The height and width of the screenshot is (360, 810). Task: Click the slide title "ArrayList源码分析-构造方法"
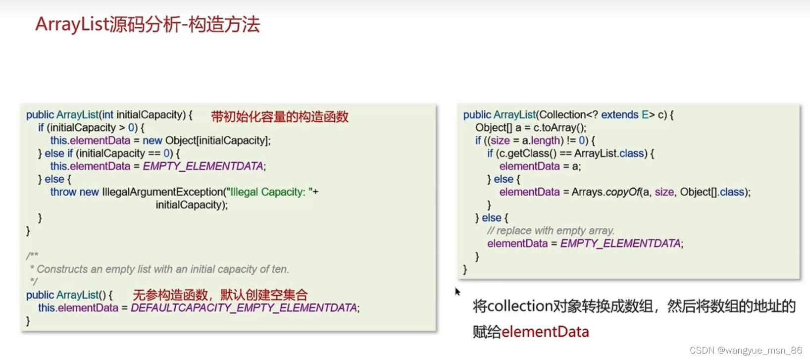click(148, 24)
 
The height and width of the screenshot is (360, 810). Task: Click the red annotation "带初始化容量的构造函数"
click(280, 117)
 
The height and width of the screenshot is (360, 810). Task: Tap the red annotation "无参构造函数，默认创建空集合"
click(220, 295)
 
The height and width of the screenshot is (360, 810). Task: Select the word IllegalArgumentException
click(162, 192)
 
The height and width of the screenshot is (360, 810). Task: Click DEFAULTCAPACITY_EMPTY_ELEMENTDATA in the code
click(244, 308)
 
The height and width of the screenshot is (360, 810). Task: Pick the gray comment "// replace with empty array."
click(551, 231)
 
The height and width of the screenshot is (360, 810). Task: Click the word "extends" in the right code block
click(619, 115)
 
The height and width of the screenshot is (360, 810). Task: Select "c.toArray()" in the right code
click(559, 128)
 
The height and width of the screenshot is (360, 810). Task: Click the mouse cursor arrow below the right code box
click(457, 292)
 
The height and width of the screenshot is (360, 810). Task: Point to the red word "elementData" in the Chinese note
click(545, 332)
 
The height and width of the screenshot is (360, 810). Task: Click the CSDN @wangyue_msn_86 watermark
click(746, 351)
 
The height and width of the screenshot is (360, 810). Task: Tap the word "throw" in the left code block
click(63, 192)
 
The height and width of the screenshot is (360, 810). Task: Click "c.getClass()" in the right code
click(526, 154)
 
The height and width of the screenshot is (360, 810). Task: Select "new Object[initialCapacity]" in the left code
click(206, 141)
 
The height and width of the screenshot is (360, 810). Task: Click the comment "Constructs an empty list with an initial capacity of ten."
click(163, 269)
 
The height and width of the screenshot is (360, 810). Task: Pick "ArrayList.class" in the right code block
click(609, 154)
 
